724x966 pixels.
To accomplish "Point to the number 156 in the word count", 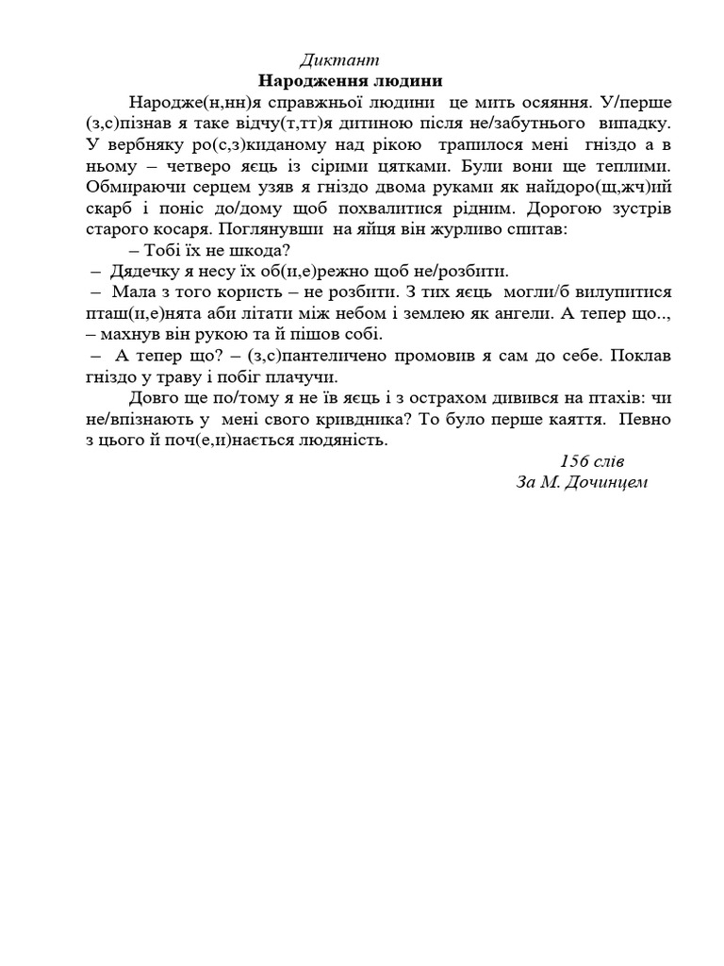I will pyautogui.click(x=576, y=460).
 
